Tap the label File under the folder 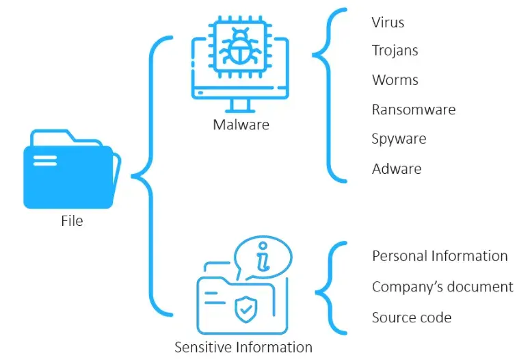pyautogui.click(x=72, y=221)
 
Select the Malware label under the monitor pyautogui.click(x=241, y=125)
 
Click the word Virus pyautogui.click(x=388, y=23)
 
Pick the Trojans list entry pyautogui.click(x=395, y=51)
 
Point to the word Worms pyautogui.click(x=395, y=80)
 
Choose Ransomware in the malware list pyautogui.click(x=413, y=110)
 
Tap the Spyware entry pyautogui.click(x=399, y=139)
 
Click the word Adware pyautogui.click(x=397, y=168)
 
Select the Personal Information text pyautogui.click(x=440, y=256)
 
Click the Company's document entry pyautogui.click(x=442, y=287)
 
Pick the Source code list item pyautogui.click(x=411, y=318)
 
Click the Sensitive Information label pyautogui.click(x=243, y=347)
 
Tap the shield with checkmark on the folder pyautogui.click(x=246, y=309)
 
